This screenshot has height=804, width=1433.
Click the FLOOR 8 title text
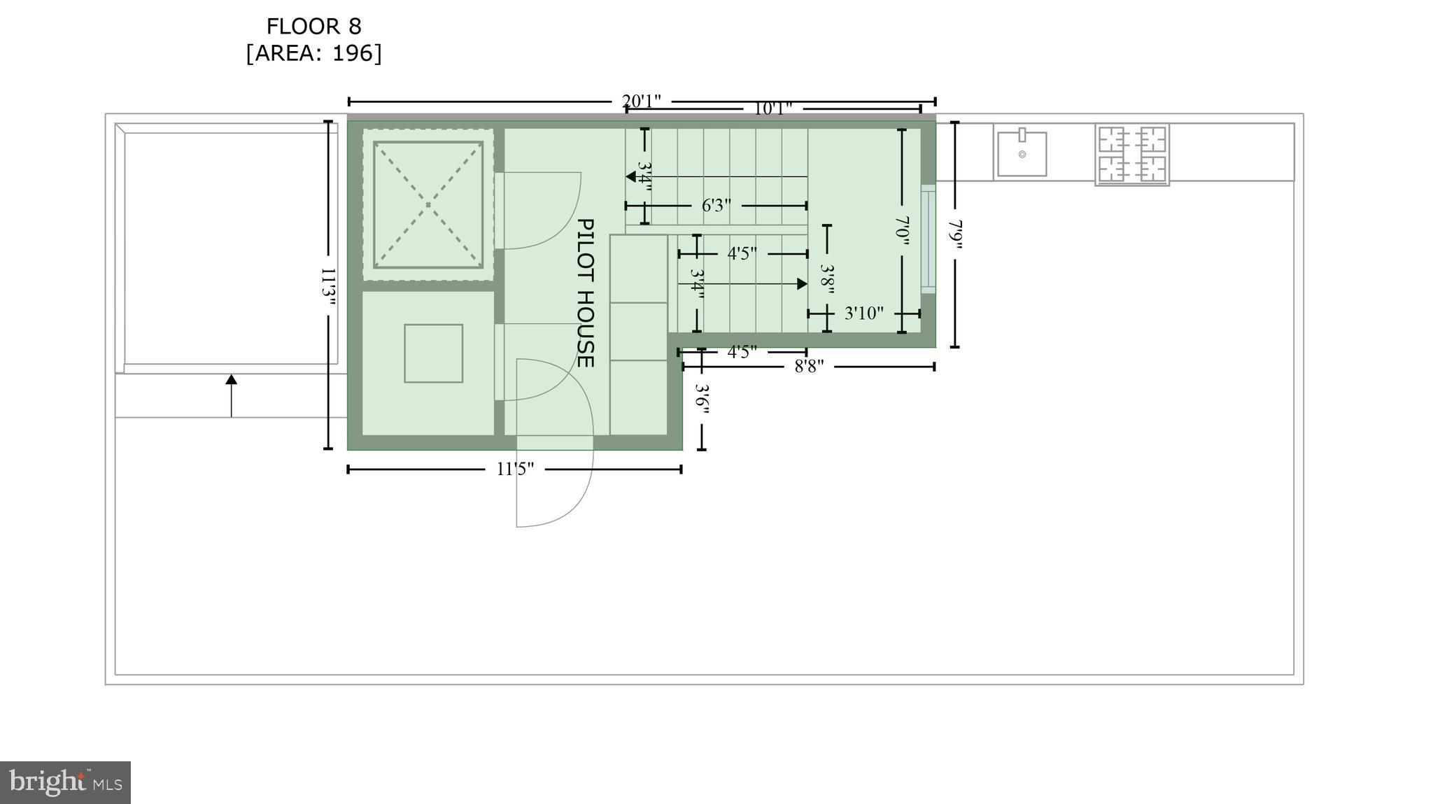[x=313, y=27]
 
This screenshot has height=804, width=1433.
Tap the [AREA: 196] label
[x=313, y=53]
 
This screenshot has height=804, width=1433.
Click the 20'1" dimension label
[x=641, y=101]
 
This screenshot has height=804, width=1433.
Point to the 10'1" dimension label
[x=772, y=108]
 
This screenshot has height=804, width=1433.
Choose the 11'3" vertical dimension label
[x=328, y=287]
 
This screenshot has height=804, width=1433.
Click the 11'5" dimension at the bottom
[x=515, y=469]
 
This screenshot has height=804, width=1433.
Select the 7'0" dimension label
[x=902, y=231]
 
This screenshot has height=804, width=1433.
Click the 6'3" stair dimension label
[x=716, y=206]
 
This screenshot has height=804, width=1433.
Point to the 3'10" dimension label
[x=863, y=313]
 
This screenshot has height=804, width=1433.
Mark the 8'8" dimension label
[x=809, y=367]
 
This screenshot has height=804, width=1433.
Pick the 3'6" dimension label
[x=702, y=399]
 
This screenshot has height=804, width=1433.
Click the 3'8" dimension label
[x=827, y=278]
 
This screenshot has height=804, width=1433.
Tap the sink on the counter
[x=1022, y=153]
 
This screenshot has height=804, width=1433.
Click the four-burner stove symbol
[x=1132, y=154]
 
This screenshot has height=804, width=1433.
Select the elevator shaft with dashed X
[x=428, y=204]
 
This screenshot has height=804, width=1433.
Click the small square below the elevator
[x=433, y=353]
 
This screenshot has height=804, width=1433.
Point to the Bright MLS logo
[x=65, y=782]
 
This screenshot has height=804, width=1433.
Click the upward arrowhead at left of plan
[x=231, y=379]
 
